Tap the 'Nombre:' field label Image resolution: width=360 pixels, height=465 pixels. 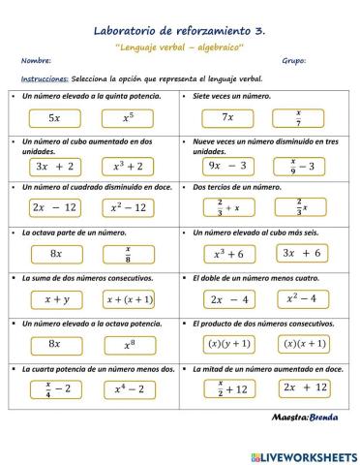[34, 60]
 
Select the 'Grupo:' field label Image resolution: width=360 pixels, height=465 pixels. [293, 60]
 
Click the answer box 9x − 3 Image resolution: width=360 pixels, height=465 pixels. [228, 165]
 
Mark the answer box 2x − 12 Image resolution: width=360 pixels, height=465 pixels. [54, 207]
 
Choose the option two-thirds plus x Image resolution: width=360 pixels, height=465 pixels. [228, 207]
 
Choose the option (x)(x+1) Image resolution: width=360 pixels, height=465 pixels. [300, 343]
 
